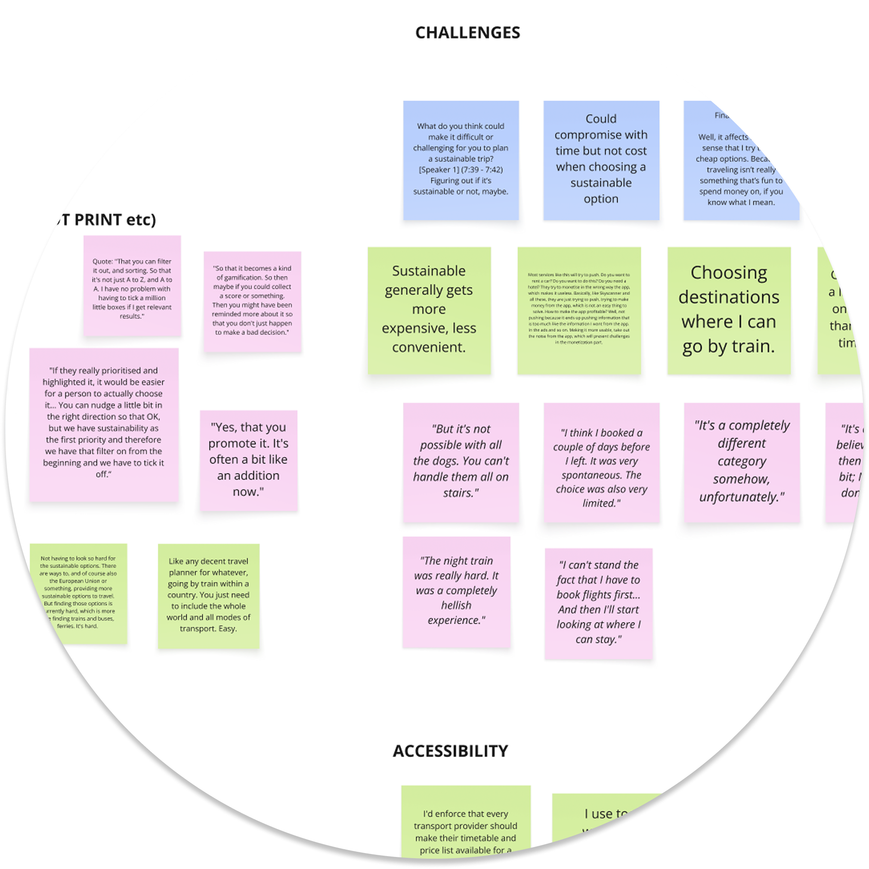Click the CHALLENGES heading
(x=467, y=33)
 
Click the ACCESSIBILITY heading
(x=450, y=751)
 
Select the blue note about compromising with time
(x=601, y=160)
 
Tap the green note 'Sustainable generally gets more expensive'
(x=429, y=310)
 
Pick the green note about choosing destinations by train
(x=729, y=310)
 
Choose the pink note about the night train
(x=456, y=591)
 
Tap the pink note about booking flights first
(x=598, y=603)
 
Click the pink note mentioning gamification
(x=252, y=301)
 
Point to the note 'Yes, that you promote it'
(x=248, y=460)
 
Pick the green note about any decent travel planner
(x=208, y=596)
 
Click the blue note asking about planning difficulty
(x=461, y=160)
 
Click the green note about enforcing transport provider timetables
(x=466, y=826)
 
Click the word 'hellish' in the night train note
(x=456, y=606)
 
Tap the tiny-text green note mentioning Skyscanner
(x=579, y=310)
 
